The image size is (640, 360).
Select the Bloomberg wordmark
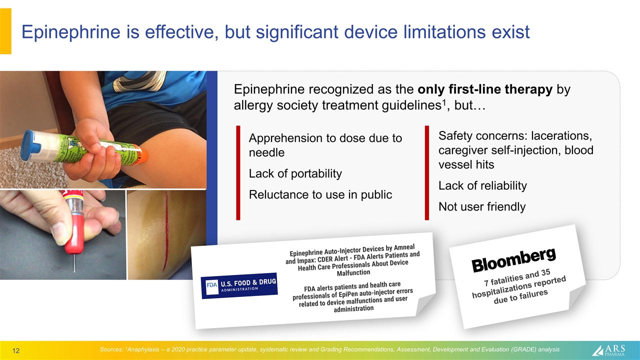coord(513,259)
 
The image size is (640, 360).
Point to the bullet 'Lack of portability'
coord(295,173)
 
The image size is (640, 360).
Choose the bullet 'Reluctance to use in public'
coord(320,194)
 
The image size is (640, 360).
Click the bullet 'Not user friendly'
coord(481,206)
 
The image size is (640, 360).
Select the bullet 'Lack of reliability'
coord(482,186)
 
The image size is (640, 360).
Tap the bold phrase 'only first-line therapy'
coord(485,89)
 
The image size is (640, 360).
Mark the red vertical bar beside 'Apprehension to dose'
coord(238,172)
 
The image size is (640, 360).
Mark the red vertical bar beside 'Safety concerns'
coord(427,172)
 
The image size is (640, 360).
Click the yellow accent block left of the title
coord(5,31)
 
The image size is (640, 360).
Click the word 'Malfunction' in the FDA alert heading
coord(353,272)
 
